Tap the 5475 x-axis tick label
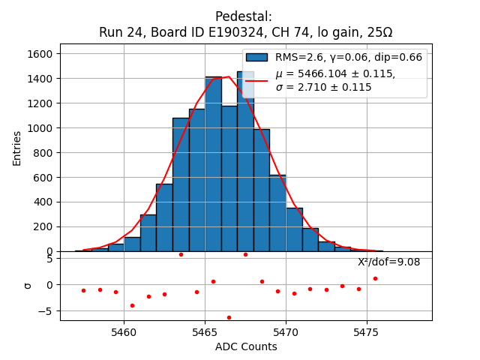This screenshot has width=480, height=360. (x=367, y=331)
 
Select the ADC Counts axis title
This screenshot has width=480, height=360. (x=246, y=346)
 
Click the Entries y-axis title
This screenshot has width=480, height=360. (x=17, y=147)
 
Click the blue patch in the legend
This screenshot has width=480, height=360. (x=256, y=57)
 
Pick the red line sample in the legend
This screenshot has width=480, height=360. (x=256, y=80)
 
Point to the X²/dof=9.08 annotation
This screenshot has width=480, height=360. (x=388, y=262)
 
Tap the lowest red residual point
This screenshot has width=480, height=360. (x=229, y=317)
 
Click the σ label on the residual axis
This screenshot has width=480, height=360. (x=28, y=285)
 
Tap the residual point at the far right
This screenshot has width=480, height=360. (x=375, y=278)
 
